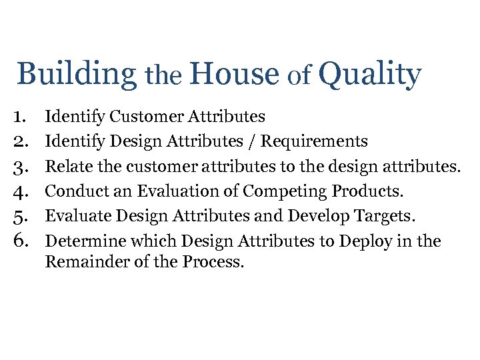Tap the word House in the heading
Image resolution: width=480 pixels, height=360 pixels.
[233, 73]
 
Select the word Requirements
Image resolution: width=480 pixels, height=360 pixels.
[314, 141]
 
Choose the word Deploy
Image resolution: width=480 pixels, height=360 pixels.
[364, 241]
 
